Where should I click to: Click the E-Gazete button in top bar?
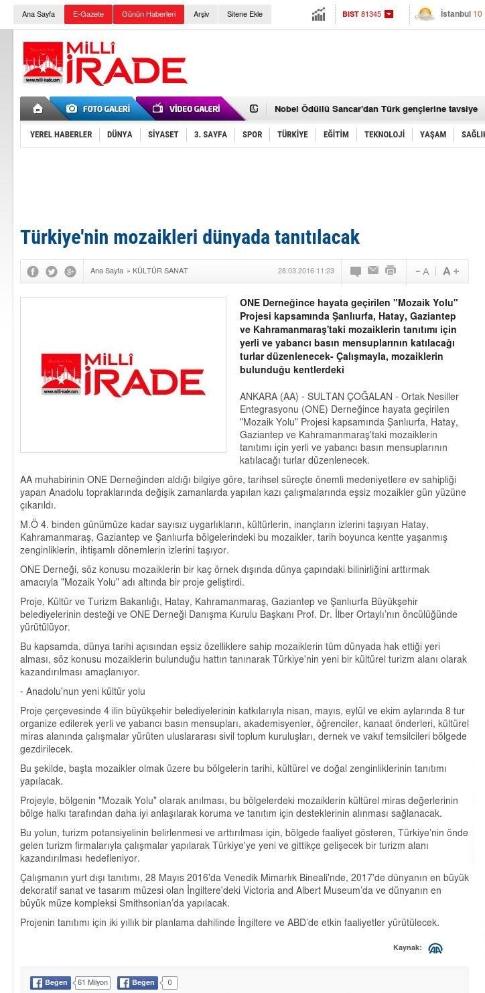pos(88,14)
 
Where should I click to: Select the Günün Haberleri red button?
pos(148,14)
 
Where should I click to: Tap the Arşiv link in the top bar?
pos(201,14)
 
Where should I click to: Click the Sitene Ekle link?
pos(245,14)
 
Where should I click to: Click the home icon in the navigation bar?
pos(38,109)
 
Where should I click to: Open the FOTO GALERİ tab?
pos(98,109)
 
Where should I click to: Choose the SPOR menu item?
pos(252,135)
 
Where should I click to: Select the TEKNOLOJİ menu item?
pos(384,135)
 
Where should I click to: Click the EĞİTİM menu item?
pos(336,135)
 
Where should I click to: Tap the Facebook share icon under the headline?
pos(33,271)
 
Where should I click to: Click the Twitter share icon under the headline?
pos(52,271)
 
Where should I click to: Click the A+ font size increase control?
pos(451,271)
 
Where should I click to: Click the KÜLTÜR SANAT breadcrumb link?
pos(160,271)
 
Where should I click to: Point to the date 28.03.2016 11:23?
pos(305,271)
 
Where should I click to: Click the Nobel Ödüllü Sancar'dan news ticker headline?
pos(376,109)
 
